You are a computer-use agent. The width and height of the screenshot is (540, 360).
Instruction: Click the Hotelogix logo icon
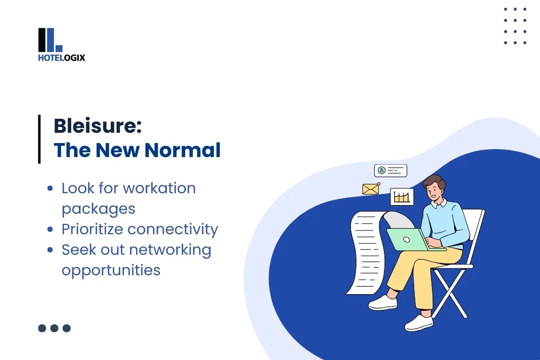50,40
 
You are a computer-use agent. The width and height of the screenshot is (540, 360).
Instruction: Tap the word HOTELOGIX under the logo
62,58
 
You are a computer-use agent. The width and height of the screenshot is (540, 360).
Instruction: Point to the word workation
159,188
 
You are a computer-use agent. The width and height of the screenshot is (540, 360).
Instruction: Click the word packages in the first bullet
98,209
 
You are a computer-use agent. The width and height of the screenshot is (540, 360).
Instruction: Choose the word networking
178,250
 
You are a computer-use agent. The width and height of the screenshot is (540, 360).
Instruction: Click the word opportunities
111,270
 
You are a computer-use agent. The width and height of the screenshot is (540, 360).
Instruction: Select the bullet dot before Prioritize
50,229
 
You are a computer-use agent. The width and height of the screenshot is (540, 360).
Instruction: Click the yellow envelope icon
370,189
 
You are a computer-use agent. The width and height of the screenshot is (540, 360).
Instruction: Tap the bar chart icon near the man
402,197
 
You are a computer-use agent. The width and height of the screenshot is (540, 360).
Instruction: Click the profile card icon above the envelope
390,171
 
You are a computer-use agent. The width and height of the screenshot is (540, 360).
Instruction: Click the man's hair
435,182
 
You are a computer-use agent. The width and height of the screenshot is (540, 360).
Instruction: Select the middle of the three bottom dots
54,328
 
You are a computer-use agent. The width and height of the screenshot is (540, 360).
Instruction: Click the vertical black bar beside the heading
39,139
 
